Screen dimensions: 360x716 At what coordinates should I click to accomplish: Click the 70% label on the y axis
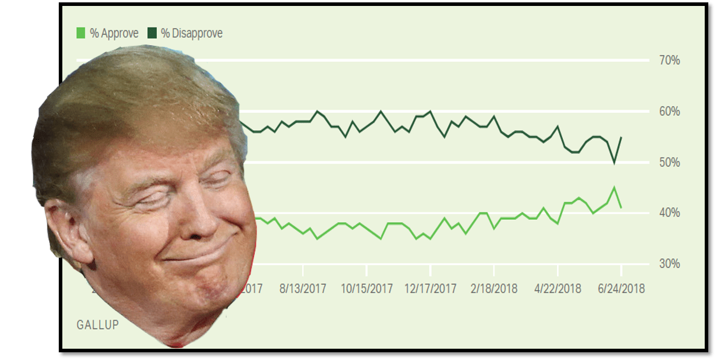pos(669,61)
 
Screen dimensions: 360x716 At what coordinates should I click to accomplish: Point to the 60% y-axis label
pos(669,112)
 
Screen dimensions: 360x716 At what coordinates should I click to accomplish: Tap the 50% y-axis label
pos(669,163)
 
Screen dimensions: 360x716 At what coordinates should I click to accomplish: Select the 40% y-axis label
pos(669,213)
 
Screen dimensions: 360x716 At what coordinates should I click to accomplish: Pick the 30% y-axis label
pos(669,264)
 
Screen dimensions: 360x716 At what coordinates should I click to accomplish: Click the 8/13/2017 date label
pos(303,289)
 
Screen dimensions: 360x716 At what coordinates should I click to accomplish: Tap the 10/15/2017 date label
pos(367,289)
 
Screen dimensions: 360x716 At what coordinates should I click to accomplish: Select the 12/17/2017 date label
pos(430,289)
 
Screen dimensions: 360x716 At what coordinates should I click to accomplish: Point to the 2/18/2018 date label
pos(494,289)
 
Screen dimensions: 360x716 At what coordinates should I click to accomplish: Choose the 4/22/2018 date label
pos(558,289)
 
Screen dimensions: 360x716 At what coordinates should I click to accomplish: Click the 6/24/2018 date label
pos(621,289)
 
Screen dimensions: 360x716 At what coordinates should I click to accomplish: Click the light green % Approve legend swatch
pos(81,33)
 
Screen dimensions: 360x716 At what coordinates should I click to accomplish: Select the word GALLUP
pos(97,325)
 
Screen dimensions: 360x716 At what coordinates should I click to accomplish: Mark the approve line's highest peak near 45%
pos(614,188)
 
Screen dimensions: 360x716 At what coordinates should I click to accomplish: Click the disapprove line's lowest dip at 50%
pos(614,163)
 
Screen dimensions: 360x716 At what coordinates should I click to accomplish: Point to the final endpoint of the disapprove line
pos(621,137)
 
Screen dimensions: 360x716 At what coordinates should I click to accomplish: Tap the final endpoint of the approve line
pos(621,207)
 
